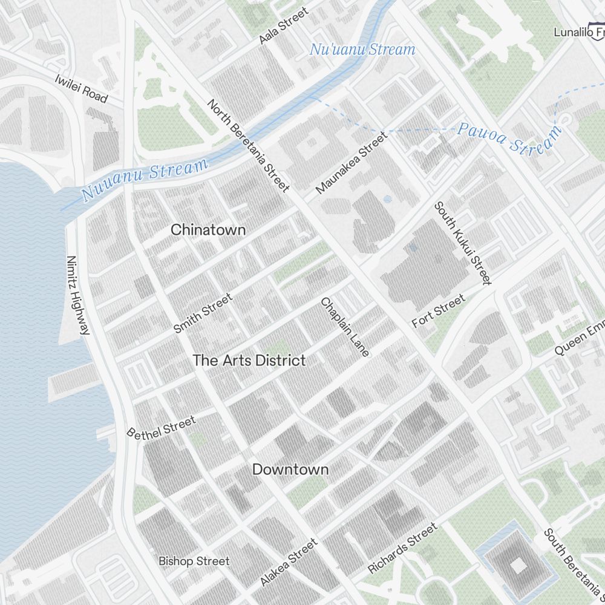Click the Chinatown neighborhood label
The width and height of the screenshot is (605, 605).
click(208, 230)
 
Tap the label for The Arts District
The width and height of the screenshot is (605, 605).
click(249, 361)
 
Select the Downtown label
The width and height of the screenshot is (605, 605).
click(290, 469)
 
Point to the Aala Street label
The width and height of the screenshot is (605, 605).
click(283, 25)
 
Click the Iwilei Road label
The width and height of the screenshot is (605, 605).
click(81, 88)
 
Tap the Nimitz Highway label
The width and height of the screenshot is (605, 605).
click(79, 295)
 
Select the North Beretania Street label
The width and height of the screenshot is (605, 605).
click(248, 145)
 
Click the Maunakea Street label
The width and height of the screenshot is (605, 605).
click(352, 163)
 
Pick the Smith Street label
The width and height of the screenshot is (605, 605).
click(203, 313)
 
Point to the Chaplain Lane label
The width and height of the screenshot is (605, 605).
click(345, 327)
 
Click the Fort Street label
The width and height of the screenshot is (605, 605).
click(439, 311)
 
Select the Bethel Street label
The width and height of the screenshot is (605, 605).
click(161, 426)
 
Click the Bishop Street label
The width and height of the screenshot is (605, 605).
click(194, 561)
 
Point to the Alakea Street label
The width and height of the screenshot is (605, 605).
click(289, 562)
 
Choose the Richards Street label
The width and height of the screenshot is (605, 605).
click(402, 549)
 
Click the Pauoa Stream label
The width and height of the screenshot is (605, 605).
click(509, 138)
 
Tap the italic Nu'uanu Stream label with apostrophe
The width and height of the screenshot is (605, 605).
click(362, 50)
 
